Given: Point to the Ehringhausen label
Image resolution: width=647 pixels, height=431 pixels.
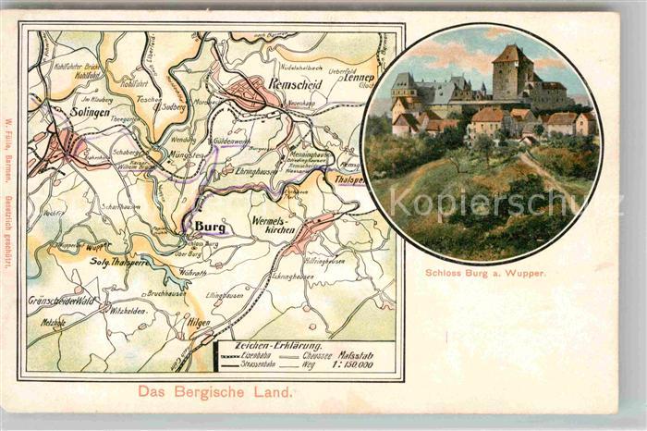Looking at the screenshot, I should click(247, 171).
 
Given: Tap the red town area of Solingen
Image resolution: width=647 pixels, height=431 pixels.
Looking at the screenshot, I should click(67, 144).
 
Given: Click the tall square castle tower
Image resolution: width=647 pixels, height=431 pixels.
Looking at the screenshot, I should click(510, 71).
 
